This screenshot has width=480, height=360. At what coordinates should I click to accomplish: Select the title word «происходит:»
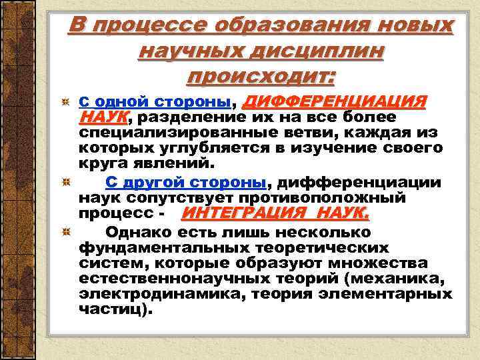tap(261, 76)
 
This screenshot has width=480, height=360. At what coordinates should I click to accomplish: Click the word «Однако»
tap(136, 233)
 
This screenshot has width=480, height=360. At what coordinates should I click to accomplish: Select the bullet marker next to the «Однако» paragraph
tap(65, 233)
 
